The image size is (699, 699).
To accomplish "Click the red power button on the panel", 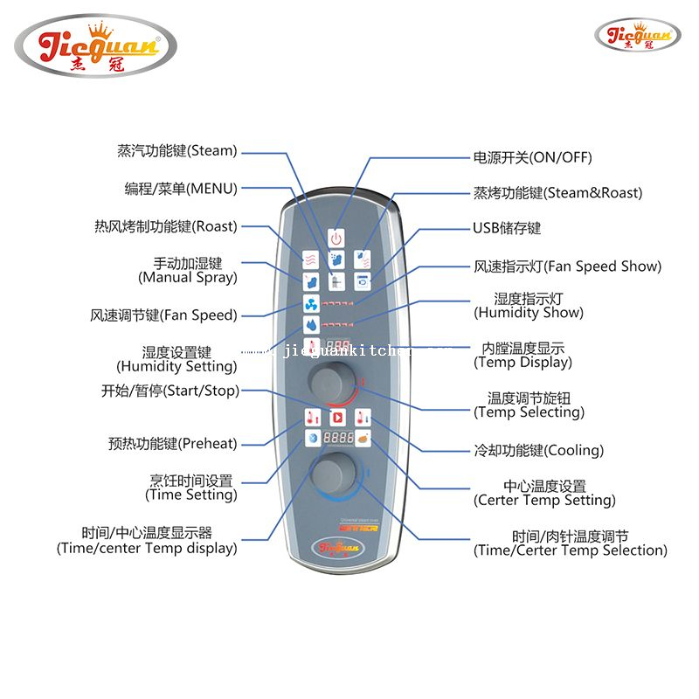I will click(336, 238).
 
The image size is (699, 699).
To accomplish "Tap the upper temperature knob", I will click(327, 381).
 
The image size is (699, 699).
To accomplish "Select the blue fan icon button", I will click(311, 304).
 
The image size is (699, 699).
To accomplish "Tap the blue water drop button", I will click(311, 325).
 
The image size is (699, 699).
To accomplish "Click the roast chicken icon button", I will click(362, 439).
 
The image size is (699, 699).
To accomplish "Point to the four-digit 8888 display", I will click(336, 439).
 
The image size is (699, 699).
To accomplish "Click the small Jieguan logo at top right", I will click(637, 36).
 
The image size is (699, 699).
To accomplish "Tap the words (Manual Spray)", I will click(187, 277).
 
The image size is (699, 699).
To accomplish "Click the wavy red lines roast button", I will click(311, 260).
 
